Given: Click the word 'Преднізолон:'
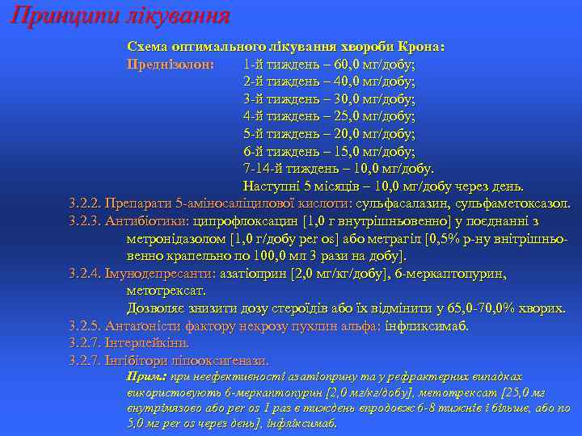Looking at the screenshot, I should coord(171,64).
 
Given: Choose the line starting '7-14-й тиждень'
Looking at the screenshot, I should coord(339,169).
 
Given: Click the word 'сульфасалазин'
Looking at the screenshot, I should coord(415,203).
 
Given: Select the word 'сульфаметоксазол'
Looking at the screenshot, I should coord(514,203).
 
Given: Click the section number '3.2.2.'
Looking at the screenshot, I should coord(86,203).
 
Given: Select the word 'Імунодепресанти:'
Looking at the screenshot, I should coord(154,274).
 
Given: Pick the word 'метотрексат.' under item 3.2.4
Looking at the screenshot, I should coord(167,291).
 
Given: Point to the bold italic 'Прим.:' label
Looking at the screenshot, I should coord(146,377).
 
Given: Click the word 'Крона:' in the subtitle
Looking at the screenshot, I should coord(422,47).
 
